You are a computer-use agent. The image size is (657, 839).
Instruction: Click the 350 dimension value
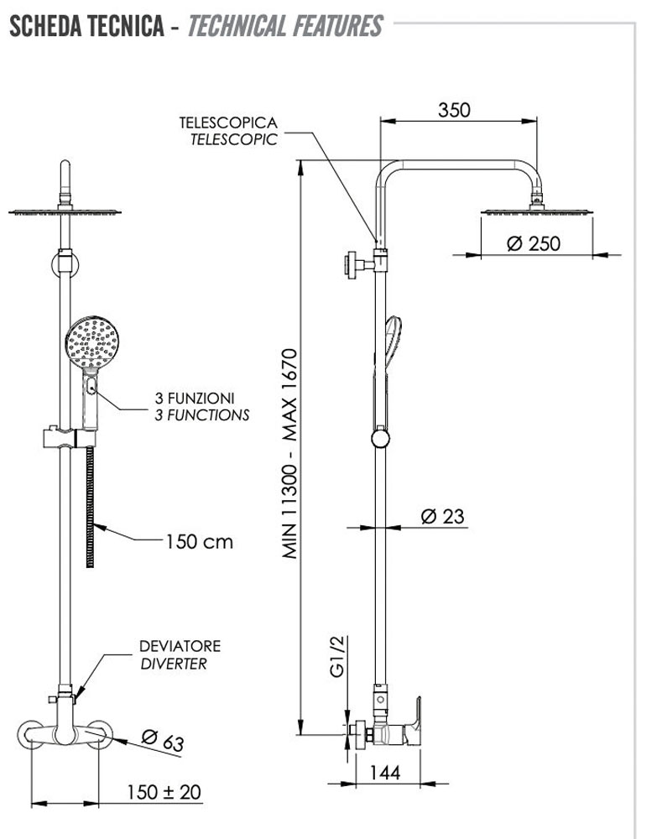pos(454,109)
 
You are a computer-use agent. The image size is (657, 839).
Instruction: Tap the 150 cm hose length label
pos(198,541)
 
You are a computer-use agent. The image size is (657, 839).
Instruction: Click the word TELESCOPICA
pos(227,123)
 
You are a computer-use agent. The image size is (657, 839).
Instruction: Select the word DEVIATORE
pos(180,646)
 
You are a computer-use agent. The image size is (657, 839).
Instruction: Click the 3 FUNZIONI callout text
pos(195,397)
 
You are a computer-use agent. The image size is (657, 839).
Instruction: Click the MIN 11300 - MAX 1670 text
pos(290,453)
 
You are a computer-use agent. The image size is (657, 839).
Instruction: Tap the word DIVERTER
pos(173,664)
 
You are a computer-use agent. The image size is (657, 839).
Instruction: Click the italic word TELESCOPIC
pos(233,140)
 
